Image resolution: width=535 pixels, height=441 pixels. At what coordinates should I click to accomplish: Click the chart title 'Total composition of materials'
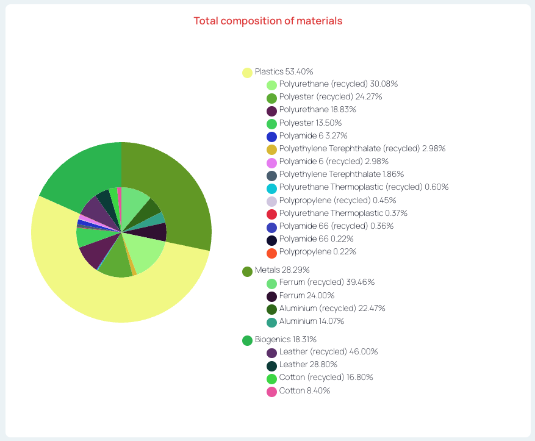tap(268, 21)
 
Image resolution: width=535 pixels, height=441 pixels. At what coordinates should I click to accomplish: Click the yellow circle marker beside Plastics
tap(247, 73)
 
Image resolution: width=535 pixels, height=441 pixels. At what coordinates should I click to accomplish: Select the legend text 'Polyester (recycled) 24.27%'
tap(331, 97)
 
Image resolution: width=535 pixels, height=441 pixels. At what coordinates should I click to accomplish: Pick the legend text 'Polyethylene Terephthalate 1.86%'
tap(342, 174)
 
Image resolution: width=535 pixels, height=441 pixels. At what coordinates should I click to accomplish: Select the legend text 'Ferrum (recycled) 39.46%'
tap(326, 282)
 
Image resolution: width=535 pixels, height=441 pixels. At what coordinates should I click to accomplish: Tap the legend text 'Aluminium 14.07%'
tap(312, 321)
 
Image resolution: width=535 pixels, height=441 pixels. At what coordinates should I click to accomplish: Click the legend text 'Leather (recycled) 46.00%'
tap(328, 352)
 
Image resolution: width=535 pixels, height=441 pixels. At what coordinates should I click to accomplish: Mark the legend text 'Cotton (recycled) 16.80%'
tap(326, 378)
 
